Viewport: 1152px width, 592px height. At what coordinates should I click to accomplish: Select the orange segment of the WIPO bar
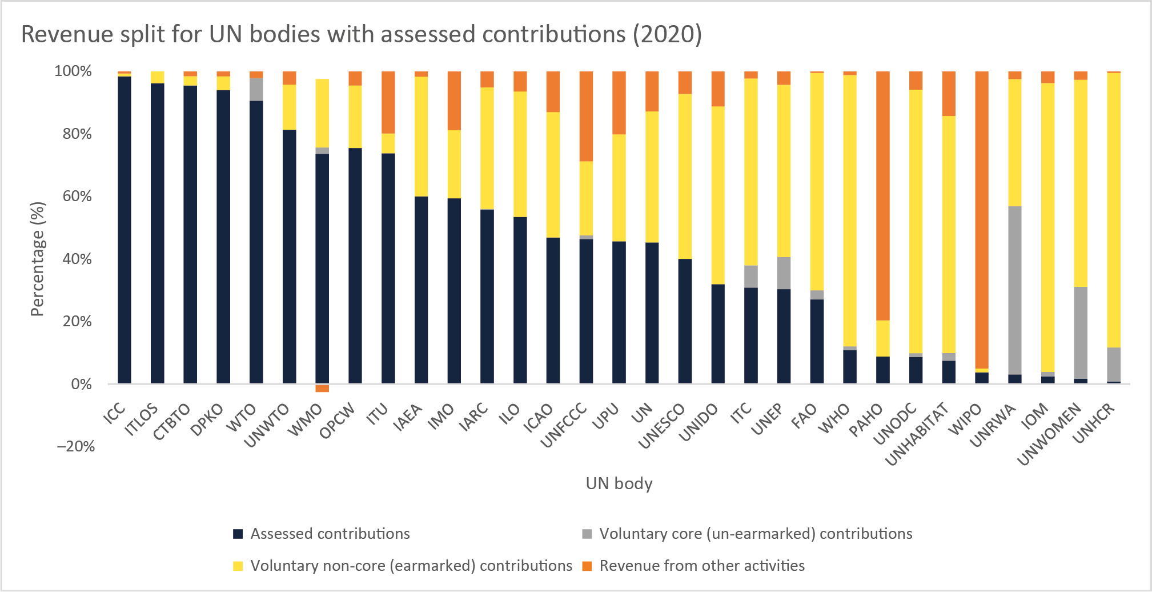[982, 220]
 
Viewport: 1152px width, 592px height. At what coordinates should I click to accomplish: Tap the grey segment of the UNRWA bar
[1015, 290]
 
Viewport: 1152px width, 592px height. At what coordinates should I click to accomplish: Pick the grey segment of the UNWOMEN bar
[1081, 333]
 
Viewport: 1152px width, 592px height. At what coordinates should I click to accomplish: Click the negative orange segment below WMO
[322, 389]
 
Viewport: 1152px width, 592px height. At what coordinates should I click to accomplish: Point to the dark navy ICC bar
[125, 229]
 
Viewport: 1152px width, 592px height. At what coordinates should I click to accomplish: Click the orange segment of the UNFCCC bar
[586, 116]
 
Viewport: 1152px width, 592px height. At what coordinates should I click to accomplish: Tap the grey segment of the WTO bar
[256, 90]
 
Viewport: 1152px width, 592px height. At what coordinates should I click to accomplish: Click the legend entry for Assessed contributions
[330, 534]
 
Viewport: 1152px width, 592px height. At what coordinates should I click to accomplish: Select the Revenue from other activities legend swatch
[587, 566]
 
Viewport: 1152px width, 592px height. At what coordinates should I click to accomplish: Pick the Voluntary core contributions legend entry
[755, 534]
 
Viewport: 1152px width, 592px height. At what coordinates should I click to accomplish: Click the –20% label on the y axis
[76, 446]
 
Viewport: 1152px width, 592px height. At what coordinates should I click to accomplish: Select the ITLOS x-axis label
[141, 420]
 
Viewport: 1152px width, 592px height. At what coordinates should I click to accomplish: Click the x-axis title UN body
[619, 483]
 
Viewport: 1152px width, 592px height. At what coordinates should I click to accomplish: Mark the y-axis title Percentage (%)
[37, 258]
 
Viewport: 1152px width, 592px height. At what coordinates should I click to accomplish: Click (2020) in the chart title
[667, 34]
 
